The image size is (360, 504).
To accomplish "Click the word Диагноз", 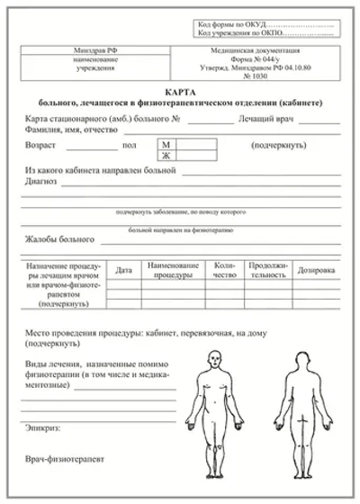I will coord(41,181).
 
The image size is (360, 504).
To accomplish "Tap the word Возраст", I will coord(43,144).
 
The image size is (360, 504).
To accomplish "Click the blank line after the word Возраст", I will coord(92,147).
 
